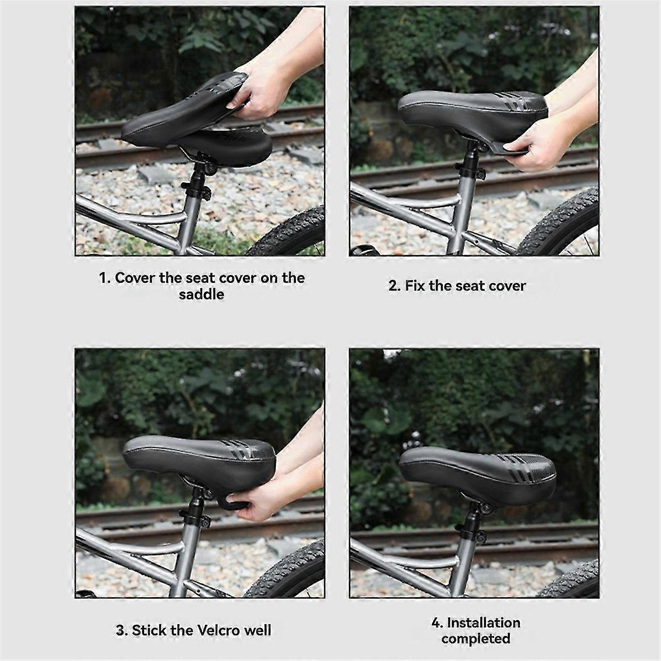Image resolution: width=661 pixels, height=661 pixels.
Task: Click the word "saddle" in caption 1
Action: point(201,294)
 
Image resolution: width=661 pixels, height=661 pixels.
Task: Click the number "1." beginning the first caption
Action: point(104,278)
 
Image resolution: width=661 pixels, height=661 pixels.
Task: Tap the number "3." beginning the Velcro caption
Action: point(122,630)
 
